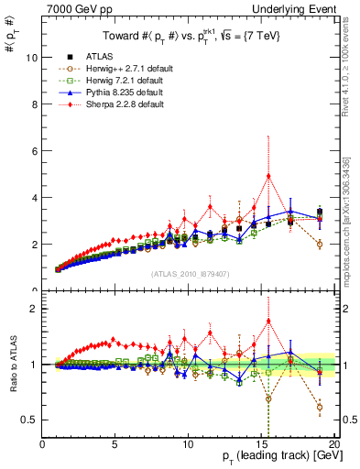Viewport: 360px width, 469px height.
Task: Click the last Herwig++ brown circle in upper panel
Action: (319, 245)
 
